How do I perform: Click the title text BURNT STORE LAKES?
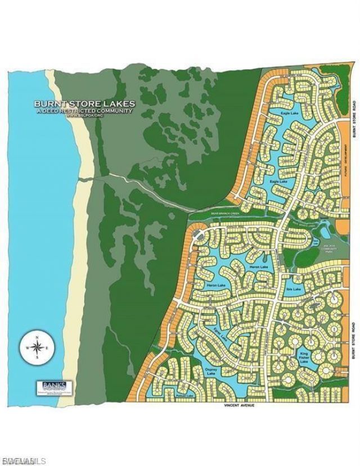[85, 103]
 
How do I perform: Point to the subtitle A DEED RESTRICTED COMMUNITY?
[85, 111]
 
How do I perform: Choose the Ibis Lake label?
[294, 288]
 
